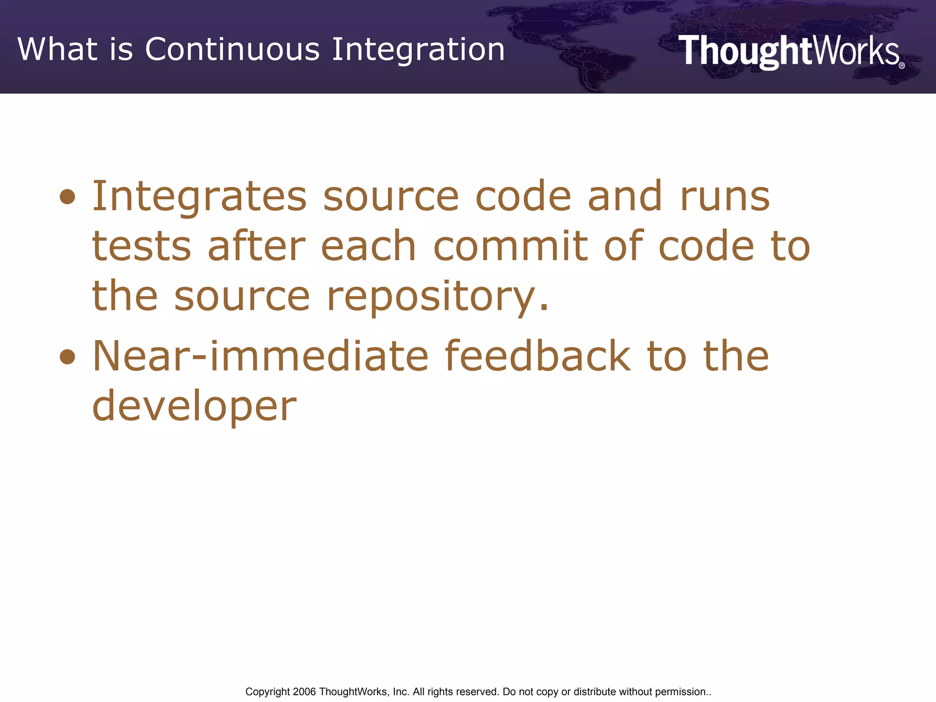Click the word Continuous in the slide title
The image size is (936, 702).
tap(232, 49)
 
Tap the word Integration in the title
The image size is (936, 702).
tap(418, 49)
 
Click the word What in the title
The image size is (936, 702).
tap(58, 49)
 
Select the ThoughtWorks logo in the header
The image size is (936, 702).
tap(789, 51)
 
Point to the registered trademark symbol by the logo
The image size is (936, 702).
tap(901, 66)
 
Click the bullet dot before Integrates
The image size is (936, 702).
tap(68, 197)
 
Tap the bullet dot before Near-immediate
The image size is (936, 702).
tap(68, 356)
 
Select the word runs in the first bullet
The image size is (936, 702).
tap(725, 197)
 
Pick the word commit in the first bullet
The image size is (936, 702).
tap(510, 247)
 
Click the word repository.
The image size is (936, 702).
tap(437, 297)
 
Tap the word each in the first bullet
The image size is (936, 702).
tap(368, 247)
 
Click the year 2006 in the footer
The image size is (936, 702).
tap(304, 692)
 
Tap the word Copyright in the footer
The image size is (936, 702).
tap(267, 692)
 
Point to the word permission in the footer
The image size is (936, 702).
tap(681, 692)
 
